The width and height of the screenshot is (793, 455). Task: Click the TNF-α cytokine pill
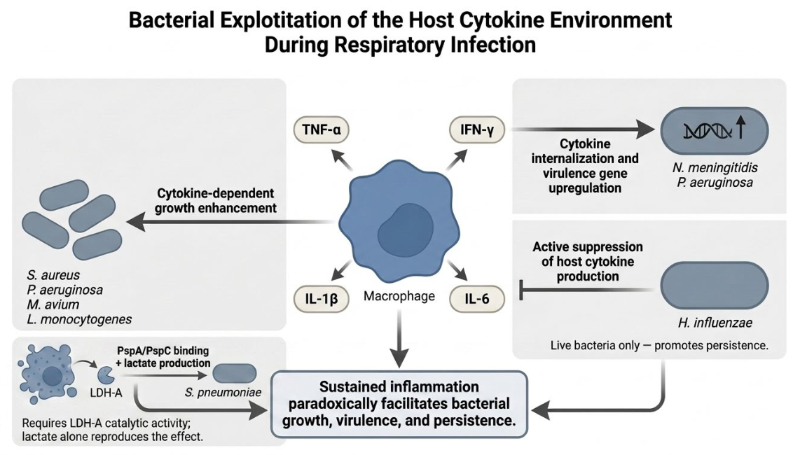322,130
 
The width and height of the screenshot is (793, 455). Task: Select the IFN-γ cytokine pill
476,130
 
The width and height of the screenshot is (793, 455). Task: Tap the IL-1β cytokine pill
322,299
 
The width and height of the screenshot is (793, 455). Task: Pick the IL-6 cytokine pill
477,299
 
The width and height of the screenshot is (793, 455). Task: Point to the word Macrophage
399,295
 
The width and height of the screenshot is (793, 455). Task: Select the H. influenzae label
715,323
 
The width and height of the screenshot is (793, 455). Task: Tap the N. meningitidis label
715,167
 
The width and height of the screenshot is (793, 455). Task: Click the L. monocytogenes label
79,319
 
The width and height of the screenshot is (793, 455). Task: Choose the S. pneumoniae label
223,392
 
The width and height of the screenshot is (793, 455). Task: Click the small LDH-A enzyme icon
106,375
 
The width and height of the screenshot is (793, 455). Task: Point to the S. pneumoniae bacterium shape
234,374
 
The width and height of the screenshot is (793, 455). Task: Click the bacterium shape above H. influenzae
715,286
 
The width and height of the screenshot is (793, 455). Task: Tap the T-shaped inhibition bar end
521,290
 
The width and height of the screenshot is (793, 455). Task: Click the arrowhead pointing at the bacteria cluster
135,222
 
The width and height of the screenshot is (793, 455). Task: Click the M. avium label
53,304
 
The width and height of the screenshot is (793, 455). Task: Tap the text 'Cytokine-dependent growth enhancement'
216,200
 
